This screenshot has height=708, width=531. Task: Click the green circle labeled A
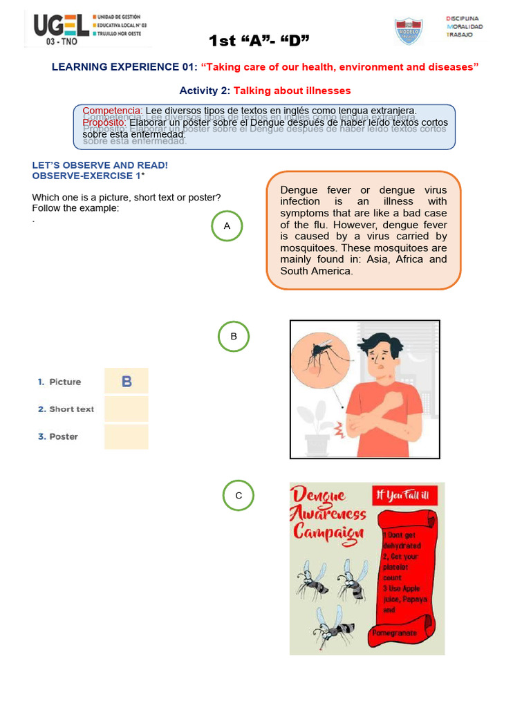click(x=227, y=226)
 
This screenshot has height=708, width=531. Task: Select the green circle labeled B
click(x=234, y=337)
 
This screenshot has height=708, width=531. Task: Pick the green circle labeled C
click(x=239, y=496)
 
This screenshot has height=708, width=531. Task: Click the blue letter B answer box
click(x=127, y=381)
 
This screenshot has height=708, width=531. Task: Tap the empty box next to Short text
click(x=127, y=409)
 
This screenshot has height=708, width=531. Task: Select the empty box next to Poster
click(x=127, y=436)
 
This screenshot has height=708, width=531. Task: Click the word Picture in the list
click(x=65, y=382)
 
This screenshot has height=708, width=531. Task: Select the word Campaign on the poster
click(x=328, y=532)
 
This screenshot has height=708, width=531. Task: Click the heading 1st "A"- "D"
click(x=259, y=41)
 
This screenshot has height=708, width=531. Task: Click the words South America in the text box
click(x=317, y=271)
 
